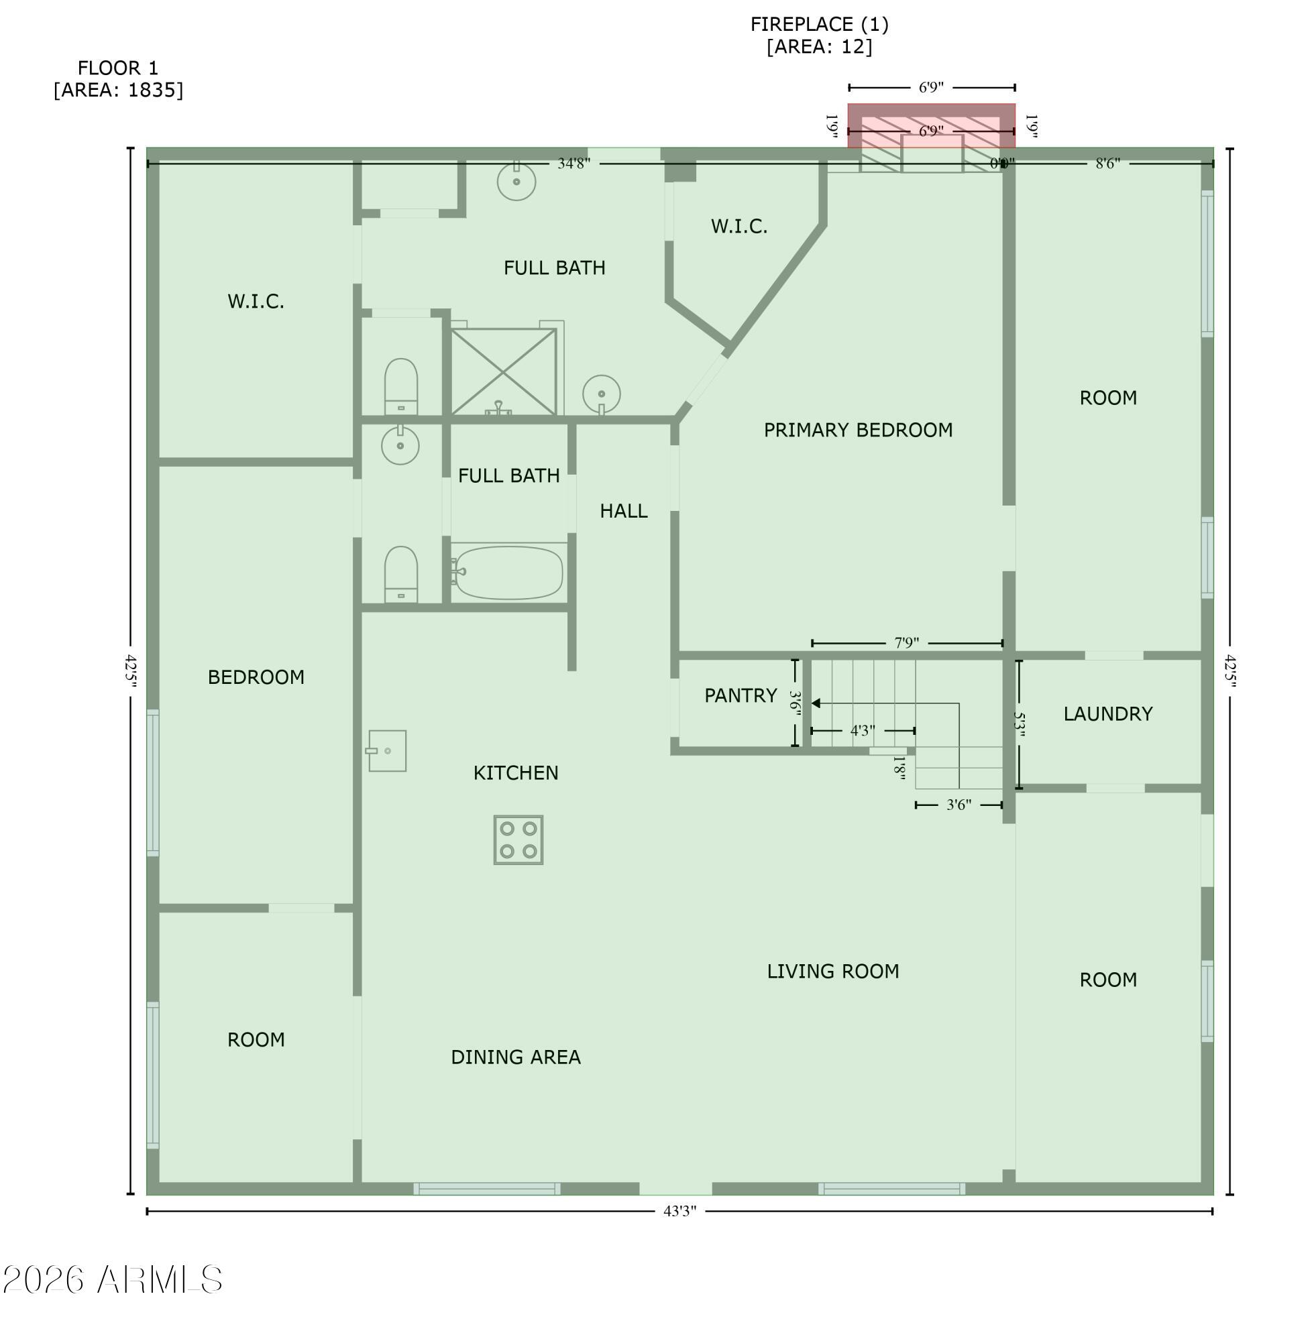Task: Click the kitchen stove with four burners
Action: [x=518, y=840]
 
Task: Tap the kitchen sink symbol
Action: [x=387, y=751]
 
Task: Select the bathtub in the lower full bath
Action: [x=508, y=573]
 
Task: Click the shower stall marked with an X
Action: [x=503, y=371]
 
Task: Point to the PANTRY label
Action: [x=741, y=696]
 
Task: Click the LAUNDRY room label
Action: [x=1107, y=713]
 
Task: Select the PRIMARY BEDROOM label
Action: [x=858, y=430]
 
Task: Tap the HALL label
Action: [x=623, y=511]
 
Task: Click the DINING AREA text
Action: [x=516, y=1057]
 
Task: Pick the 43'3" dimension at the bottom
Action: [x=679, y=1211]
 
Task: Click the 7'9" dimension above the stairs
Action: [x=906, y=643]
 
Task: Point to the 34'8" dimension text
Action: [x=573, y=164]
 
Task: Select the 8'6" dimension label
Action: [x=1107, y=164]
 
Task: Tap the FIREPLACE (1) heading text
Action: [x=819, y=25]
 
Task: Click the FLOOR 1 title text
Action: [x=117, y=68]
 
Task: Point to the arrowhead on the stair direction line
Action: [x=816, y=703]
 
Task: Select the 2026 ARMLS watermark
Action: [x=113, y=1280]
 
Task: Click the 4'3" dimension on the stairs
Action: [x=862, y=730]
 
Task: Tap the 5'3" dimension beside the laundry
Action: [x=1019, y=725]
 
